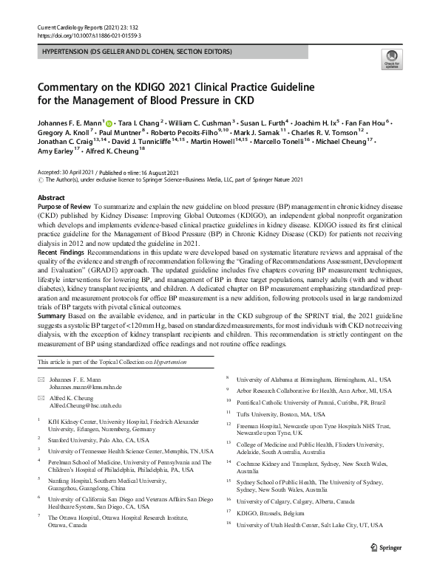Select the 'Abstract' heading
(x=51, y=199)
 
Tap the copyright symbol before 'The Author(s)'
(x=40, y=179)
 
